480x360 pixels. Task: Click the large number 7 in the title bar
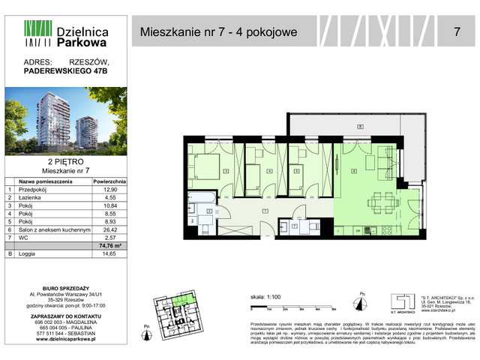pyautogui.click(x=457, y=31)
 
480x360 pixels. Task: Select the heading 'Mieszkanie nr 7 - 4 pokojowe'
pyautogui.click(x=218, y=31)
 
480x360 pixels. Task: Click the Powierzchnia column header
pyautogui.click(x=109, y=181)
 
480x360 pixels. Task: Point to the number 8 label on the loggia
pyautogui.click(x=360, y=127)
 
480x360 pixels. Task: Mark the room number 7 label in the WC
pyautogui.click(x=295, y=225)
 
